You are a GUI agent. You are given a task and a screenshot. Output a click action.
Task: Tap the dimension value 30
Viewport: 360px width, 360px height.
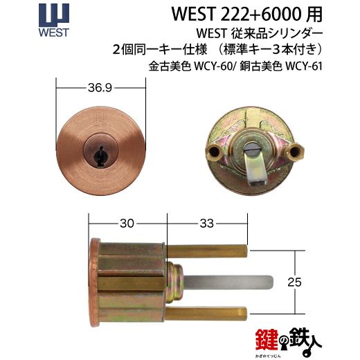tap(126, 224)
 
